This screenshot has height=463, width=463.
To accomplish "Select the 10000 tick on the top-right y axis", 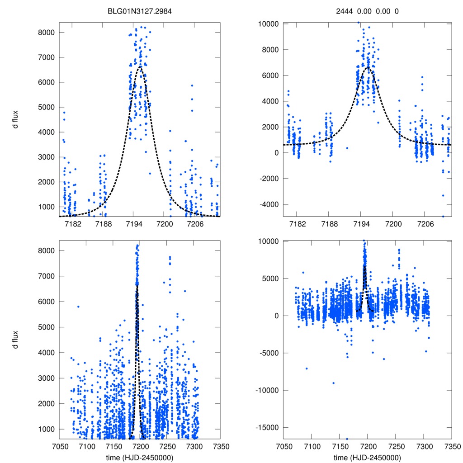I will click(x=267, y=24).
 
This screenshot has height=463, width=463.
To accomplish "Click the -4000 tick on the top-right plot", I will click(x=269, y=204).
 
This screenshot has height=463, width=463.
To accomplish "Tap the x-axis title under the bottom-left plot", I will click(x=140, y=457).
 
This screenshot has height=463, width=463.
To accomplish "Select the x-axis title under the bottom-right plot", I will click(x=367, y=457).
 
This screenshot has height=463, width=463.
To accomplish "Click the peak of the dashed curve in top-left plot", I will click(x=140, y=67).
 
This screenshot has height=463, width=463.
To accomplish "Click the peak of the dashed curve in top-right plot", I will click(x=368, y=67).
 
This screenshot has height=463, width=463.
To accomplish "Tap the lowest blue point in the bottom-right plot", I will click(x=347, y=439).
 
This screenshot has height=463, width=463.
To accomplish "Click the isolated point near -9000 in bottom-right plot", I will click(x=333, y=383).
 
